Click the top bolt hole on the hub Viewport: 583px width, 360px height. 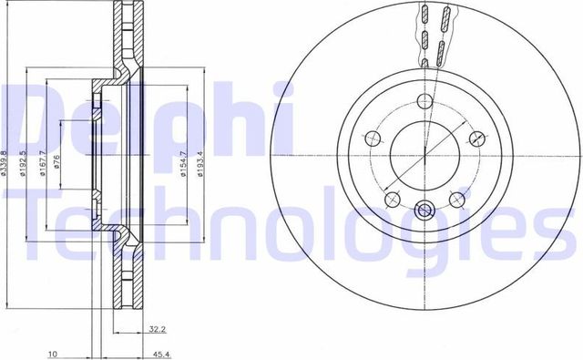click(425, 100)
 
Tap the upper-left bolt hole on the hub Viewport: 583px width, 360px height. click(372, 139)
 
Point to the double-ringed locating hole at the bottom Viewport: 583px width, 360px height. click(424, 211)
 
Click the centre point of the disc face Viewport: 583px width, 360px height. click(425, 154)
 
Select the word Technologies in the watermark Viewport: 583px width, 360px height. click(291, 232)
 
